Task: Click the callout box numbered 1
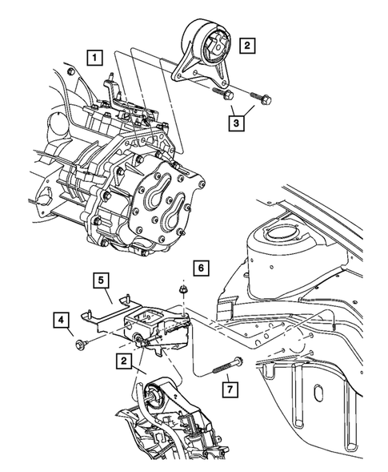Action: [95, 58]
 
